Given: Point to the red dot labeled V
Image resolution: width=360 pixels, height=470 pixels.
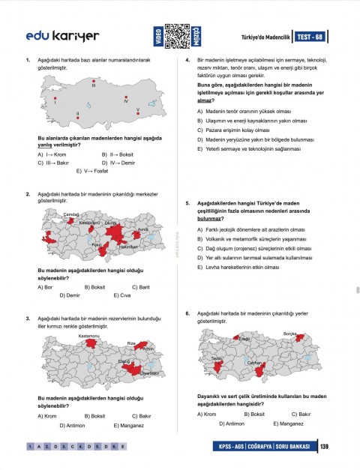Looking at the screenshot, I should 137,113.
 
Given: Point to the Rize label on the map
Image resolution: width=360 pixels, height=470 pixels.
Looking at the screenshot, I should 131,343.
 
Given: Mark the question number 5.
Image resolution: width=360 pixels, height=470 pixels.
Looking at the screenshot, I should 187,203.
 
